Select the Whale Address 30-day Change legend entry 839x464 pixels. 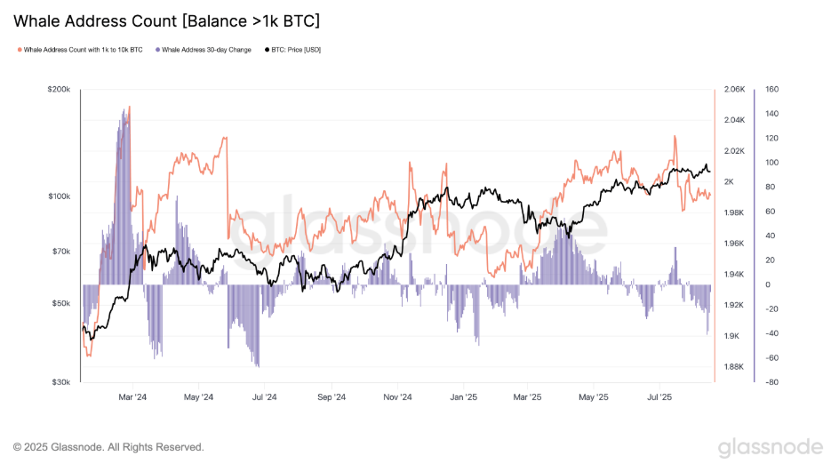coord(204,50)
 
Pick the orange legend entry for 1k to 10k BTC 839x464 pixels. coord(83,50)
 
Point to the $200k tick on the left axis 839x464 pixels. coord(60,90)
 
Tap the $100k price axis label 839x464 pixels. coord(60,196)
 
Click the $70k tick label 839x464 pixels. coord(62,252)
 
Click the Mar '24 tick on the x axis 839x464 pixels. coord(132,397)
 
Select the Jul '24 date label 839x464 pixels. coord(264,397)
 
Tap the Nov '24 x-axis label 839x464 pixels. coord(398,397)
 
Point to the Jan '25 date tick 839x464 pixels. coord(463,397)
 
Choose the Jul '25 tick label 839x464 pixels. coord(659,397)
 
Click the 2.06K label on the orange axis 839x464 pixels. coord(734,90)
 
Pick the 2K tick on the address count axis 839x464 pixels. coord(729,181)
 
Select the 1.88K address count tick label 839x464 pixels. coord(734,366)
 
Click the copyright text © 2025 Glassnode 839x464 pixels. coord(108,446)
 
